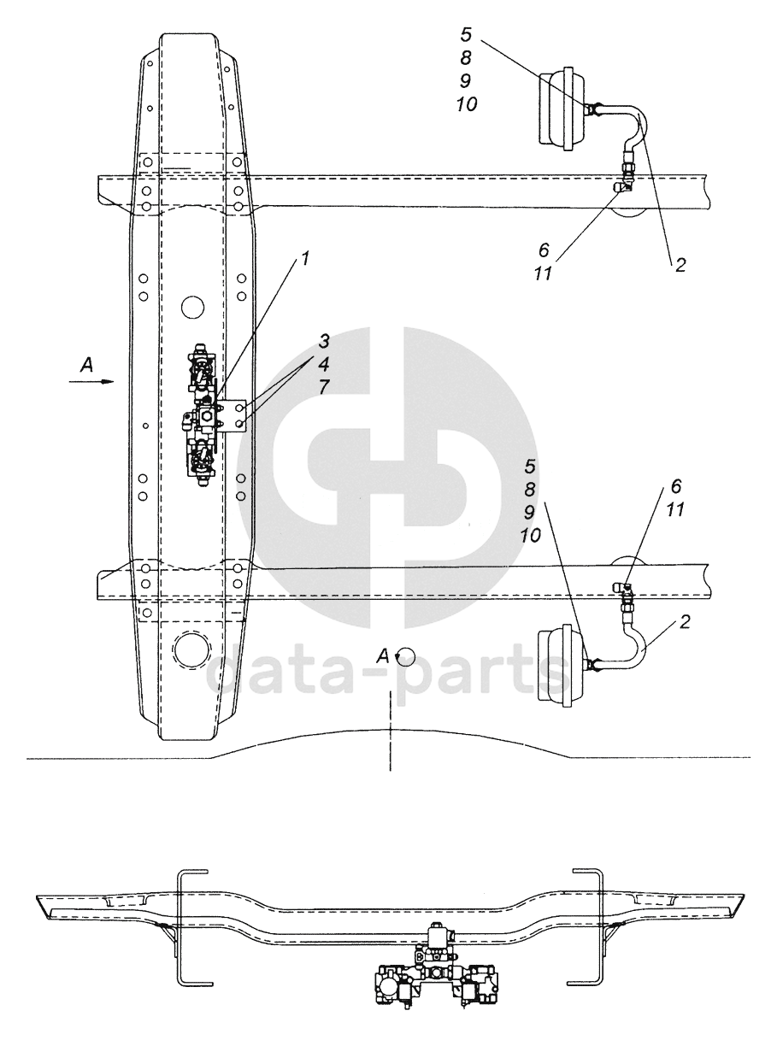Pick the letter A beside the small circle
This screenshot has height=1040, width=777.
[385, 655]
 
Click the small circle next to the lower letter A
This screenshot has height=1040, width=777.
[406, 655]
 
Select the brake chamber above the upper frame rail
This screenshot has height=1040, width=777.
[561, 109]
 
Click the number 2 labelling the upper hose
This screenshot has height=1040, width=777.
[680, 265]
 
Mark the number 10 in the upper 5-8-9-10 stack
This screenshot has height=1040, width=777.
[466, 103]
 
